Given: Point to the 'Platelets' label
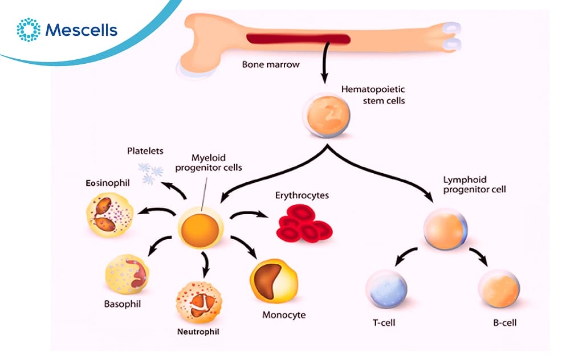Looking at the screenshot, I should [145, 151].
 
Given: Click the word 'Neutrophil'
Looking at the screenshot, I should [197, 331].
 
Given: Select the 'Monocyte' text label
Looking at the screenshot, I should [284, 314].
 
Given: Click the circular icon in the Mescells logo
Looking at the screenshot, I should [28, 30].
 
